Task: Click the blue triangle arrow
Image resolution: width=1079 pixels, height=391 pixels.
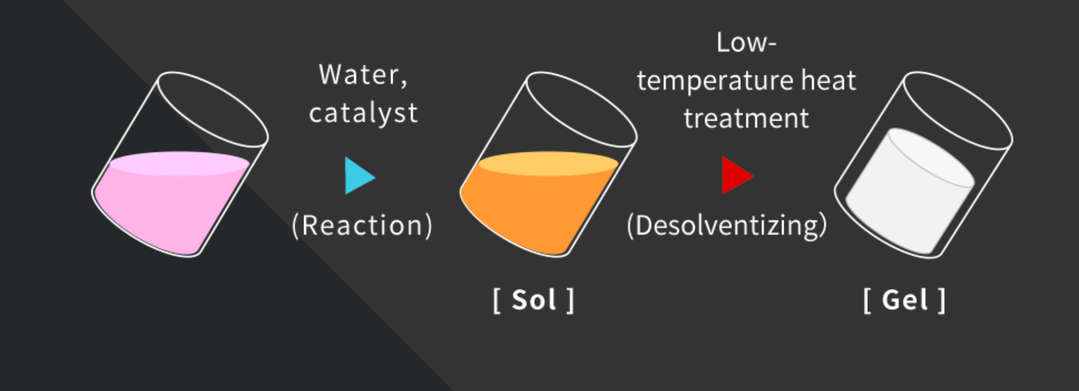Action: point(359,176)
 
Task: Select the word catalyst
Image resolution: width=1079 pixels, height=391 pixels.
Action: point(363,113)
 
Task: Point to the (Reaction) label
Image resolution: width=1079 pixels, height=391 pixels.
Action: point(362,225)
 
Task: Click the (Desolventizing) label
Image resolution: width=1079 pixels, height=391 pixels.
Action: point(727,225)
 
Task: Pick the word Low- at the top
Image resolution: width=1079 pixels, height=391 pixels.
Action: point(746,42)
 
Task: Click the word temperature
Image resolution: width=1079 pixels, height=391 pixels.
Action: point(715,81)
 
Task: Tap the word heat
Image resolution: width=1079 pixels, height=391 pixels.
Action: point(828,80)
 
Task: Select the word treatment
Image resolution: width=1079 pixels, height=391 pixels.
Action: point(746,118)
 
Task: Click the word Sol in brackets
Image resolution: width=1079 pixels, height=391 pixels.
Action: point(533,300)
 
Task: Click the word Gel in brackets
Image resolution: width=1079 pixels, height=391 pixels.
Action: point(905,300)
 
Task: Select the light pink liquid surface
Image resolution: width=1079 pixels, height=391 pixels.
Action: point(179,164)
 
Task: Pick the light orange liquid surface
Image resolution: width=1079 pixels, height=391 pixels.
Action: point(548,164)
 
